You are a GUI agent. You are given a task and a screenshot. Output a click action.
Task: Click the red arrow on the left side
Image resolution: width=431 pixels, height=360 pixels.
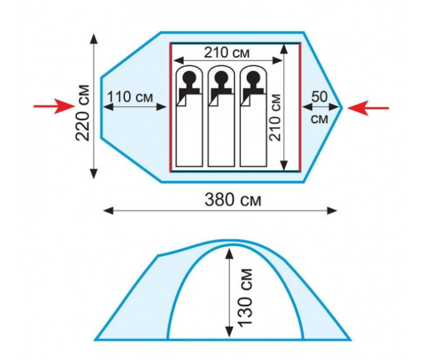[54, 106]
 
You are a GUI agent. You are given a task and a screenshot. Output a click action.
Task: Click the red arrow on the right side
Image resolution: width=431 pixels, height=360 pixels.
[368, 108]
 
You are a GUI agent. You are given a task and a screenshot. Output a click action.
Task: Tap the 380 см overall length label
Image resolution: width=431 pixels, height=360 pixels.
[233, 200]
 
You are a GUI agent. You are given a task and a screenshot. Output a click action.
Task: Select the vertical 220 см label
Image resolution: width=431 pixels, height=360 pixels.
[83, 113]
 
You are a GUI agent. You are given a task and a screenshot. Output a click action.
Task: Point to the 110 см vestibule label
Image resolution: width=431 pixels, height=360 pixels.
[130, 97]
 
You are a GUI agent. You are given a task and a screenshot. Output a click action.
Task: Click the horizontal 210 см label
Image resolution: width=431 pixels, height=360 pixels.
[227, 52]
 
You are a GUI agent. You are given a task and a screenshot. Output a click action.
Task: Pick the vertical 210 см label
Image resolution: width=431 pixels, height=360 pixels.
[275, 118]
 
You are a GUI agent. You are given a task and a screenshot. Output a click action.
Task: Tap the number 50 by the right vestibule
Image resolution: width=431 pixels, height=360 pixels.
[320, 96]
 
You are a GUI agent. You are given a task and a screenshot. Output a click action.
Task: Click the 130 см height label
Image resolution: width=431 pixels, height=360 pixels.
[245, 298]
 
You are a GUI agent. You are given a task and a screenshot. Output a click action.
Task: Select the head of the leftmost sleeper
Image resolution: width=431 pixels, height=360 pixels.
[189, 77]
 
